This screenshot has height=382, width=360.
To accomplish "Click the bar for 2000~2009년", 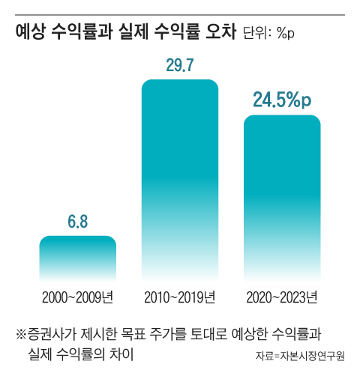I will pos(77,258).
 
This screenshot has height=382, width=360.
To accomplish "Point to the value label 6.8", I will pos(77,222).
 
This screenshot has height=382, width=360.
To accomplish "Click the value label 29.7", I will pos(180,65).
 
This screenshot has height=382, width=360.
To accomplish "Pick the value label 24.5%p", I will pos(282,100).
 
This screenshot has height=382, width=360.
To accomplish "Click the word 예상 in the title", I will pos(31,33).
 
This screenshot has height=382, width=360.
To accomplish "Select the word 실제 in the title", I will pos(133,33).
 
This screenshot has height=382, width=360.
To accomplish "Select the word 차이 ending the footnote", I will pos(121,353).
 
